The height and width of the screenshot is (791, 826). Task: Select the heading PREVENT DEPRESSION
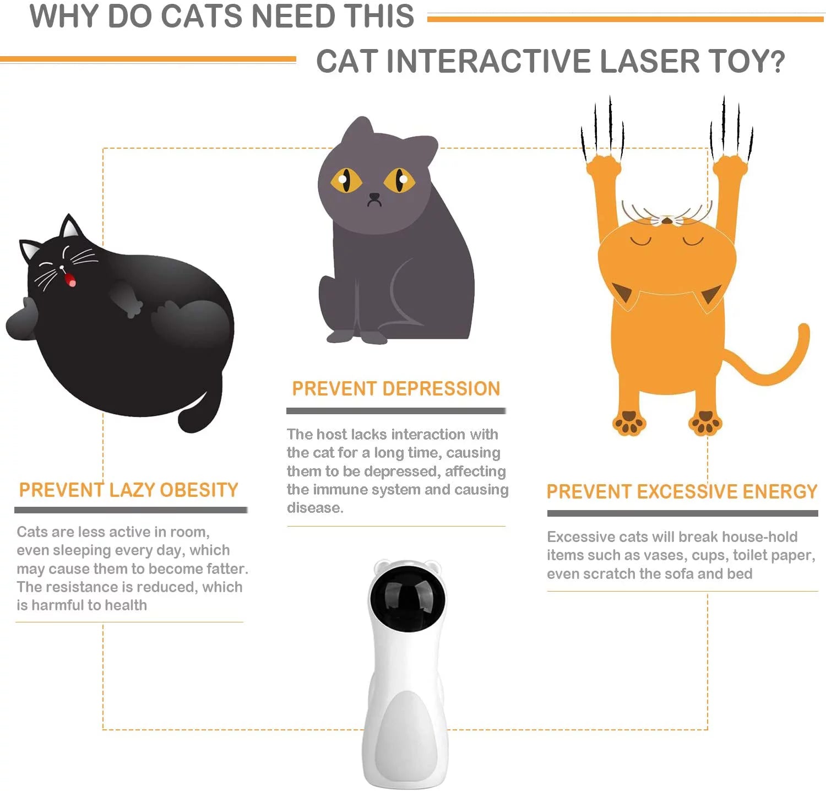[x=396, y=389]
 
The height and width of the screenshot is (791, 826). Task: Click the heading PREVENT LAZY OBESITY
[x=128, y=490]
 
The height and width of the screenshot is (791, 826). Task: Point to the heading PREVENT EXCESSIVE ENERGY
[x=682, y=491]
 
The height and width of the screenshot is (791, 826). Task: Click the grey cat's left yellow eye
[x=345, y=180]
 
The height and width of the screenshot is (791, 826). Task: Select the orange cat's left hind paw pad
[x=628, y=424]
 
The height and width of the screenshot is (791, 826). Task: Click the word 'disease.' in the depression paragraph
[x=315, y=508]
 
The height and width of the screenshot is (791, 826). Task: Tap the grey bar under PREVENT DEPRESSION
[x=396, y=411]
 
